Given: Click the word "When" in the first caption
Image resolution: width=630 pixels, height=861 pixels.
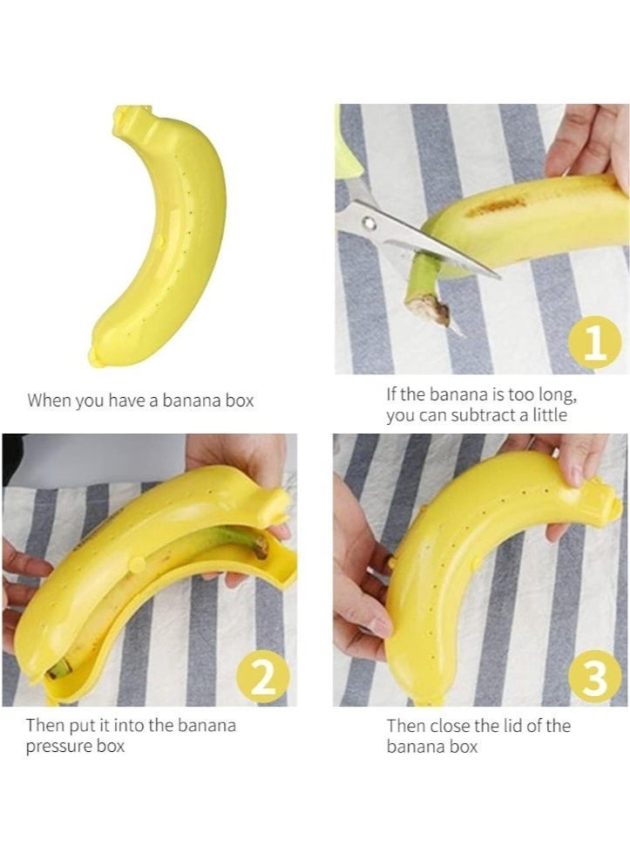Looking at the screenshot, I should (x=49, y=401).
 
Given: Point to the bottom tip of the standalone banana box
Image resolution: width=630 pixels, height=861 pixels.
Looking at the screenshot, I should (x=95, y=354).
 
